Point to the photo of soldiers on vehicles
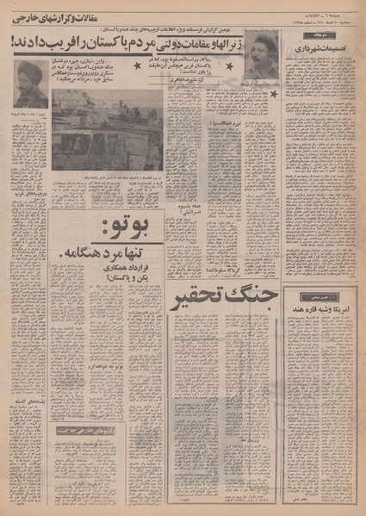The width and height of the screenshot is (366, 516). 106,130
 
